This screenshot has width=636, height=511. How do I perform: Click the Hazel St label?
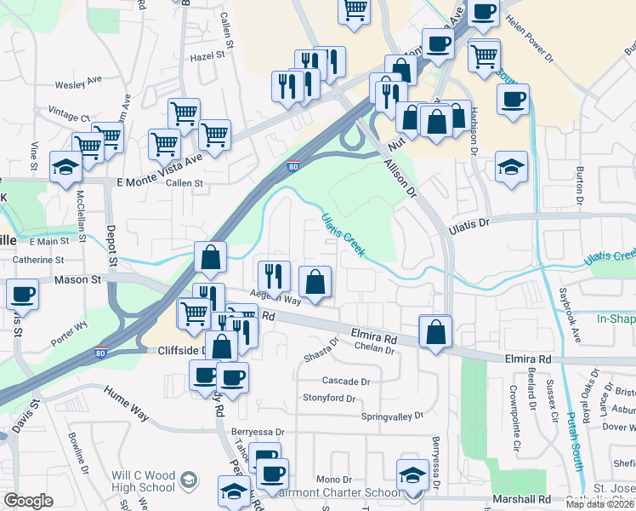tap(212, 55)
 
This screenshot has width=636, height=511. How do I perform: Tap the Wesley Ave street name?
tap(78, 85)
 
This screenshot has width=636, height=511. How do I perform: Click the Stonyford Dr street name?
tap(329, 398)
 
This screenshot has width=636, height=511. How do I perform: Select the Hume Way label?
tap(126, 399)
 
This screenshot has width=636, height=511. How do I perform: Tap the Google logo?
tap(28, 500)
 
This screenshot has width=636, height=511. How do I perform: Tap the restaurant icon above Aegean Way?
tap(273, 275)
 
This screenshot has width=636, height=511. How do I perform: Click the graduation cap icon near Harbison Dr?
tap(511, 166)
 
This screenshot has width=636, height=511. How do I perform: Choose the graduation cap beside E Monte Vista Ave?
tap(65, 167)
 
